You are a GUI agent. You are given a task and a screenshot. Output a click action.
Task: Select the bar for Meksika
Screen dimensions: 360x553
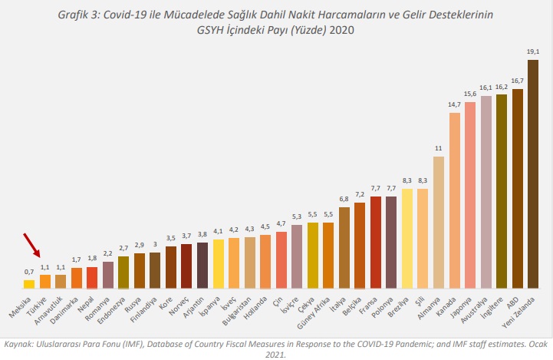(29, 283)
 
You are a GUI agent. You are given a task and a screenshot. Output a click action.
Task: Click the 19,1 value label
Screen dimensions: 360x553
(533, 51)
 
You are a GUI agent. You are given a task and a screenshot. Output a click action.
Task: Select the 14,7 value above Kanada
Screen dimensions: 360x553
(455, 104)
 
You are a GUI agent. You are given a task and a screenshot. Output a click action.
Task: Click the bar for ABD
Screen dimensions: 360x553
(518, 188)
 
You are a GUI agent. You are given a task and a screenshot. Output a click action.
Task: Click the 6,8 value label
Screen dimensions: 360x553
(344, 199)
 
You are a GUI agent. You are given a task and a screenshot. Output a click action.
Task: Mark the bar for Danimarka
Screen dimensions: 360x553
(77, 278)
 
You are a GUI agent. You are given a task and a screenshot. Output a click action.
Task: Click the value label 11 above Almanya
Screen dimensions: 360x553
(439, 148)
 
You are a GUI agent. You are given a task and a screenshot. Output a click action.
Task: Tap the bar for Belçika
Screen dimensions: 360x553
(360, 246)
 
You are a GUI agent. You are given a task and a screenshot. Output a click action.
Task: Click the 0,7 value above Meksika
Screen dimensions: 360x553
(29, 271)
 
